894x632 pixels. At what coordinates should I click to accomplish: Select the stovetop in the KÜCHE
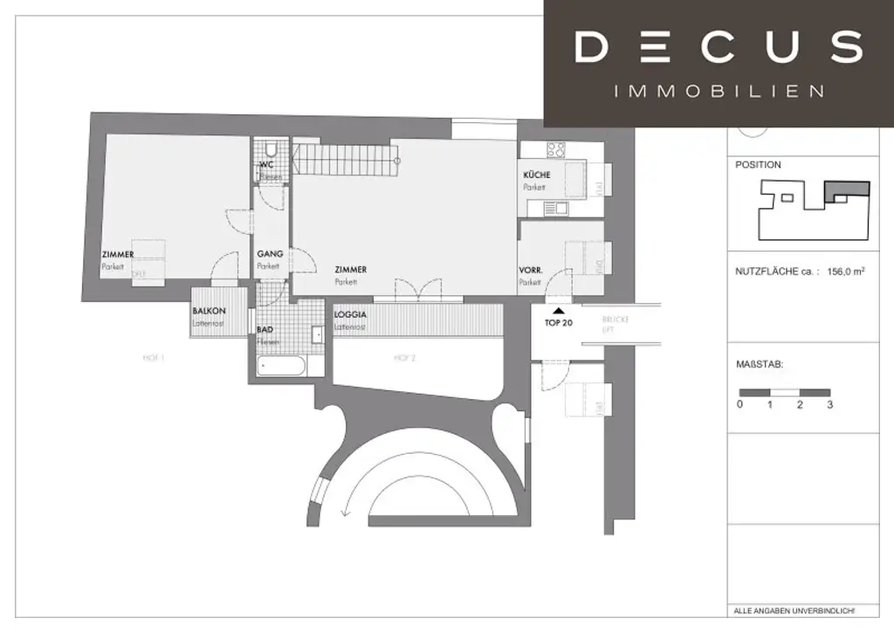557,149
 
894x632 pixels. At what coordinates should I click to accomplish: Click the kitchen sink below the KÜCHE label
554,209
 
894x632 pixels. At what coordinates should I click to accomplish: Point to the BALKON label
209,312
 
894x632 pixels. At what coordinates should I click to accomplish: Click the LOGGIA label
349,315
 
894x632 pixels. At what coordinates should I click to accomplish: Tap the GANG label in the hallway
269,254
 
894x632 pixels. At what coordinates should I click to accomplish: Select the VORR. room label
531,271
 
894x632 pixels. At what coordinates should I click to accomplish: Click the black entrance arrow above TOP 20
558,309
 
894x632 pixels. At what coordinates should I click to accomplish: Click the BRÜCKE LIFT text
615,325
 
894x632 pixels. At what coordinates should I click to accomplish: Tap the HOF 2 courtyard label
402,357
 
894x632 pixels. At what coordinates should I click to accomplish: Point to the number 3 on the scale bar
829,405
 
